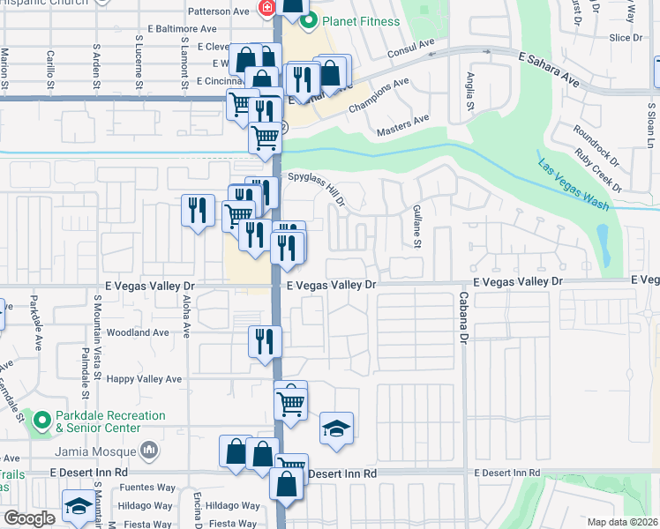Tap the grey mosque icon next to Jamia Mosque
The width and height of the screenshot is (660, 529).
click(149, 451)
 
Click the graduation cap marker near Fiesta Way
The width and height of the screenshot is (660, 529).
click(79, 508)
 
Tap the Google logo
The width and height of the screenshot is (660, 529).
click(29, 518)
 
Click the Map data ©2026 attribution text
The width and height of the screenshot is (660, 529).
click(622, 522)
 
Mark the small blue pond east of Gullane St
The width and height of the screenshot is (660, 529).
click(604, 238)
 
